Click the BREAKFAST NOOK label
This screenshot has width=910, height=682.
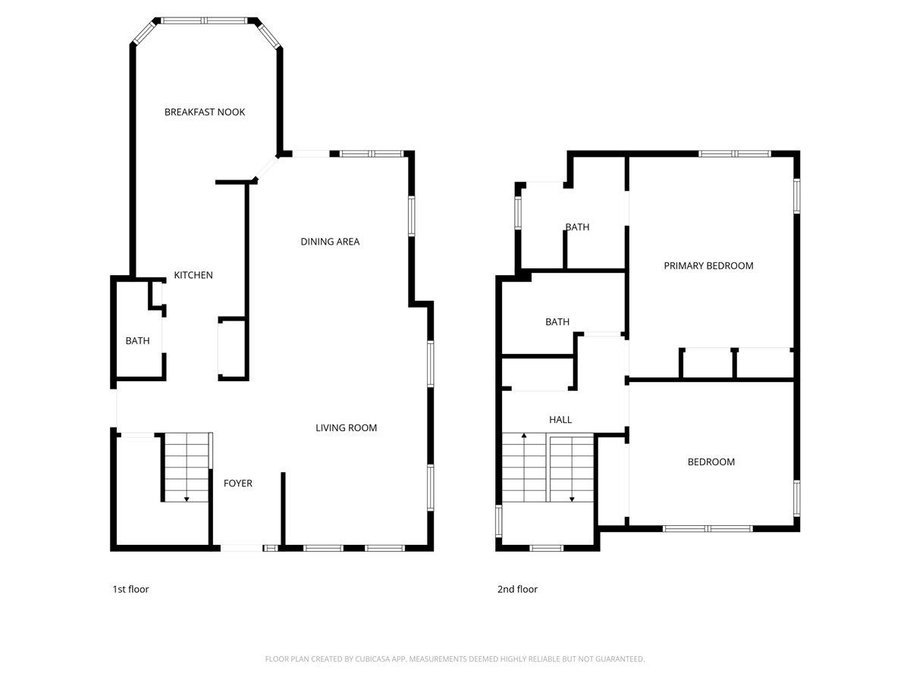(x=205, y=112)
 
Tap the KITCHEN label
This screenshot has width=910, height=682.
(x=193, y=275)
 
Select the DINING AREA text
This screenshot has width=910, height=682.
(x=330, y=242)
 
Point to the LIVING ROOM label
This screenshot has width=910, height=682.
(x=346, y=428)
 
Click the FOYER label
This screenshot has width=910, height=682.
(x=237, y=483)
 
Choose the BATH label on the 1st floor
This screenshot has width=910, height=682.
(x=137, y=341)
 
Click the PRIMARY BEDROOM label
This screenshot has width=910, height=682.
(x=708, y=266)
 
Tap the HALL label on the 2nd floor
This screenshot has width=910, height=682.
(x=560, y=420)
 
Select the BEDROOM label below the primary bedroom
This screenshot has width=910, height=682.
(x=711, y=462)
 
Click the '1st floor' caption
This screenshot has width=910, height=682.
(x=130, y=589)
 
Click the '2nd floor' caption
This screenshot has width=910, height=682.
(x=517, y=589)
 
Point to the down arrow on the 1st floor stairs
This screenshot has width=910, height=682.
(x=187, y=498)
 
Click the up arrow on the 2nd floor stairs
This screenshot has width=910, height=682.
(x=523, y=437)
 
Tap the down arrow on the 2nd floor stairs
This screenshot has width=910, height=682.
(x=572, y=498)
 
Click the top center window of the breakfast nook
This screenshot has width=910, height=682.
(x=206, y=20)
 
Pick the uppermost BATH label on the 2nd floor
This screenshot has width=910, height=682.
(x=577, y=227)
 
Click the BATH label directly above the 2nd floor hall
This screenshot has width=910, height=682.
(x=557, y=322)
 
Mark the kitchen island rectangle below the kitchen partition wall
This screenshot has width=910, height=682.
(x=233, y=349)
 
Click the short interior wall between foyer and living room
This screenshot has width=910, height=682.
(x=283, y=508)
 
